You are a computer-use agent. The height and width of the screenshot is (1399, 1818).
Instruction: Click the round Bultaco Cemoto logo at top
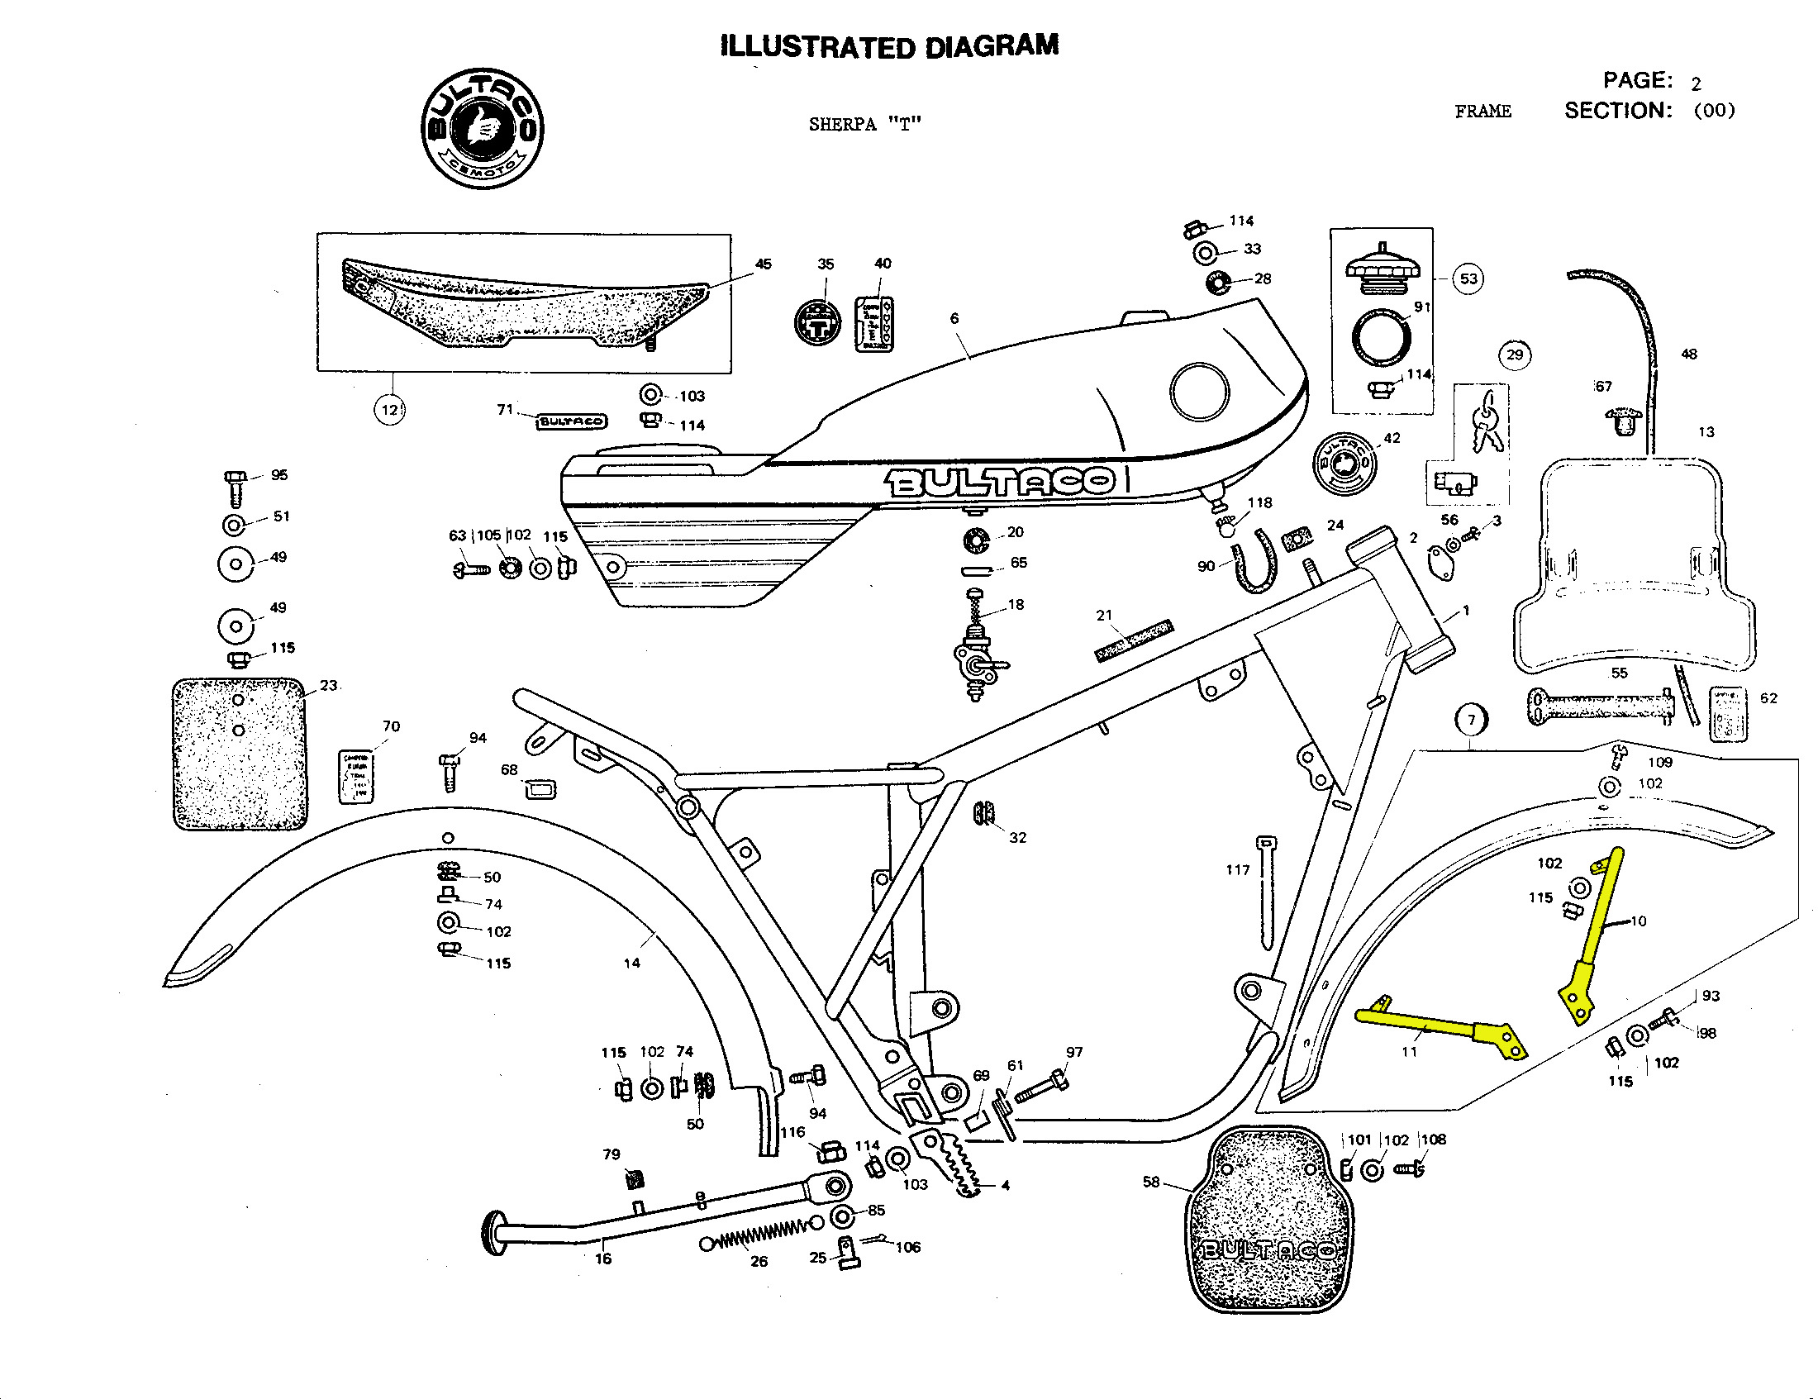(482, 129)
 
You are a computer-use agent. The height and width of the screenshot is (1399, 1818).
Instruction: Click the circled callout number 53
(1468, 278)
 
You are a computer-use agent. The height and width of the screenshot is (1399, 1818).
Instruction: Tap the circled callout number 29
(1514, 355)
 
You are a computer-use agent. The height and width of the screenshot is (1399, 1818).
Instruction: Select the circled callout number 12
(389, 410)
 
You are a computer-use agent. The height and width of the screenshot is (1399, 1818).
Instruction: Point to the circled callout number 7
(1471, 720)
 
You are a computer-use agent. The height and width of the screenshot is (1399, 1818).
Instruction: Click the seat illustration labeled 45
(525, 304)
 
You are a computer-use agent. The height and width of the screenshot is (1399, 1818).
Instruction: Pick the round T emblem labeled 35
(817, 323)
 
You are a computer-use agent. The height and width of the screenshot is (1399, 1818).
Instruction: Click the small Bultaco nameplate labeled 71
(571, 422)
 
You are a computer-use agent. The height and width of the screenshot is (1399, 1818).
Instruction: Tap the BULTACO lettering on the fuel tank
(999, 482)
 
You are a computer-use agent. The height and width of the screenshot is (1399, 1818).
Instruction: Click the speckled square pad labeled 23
(239, 754)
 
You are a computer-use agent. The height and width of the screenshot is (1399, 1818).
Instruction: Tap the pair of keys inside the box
(1487, 423)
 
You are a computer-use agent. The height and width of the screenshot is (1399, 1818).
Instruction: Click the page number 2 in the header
(1696, 84)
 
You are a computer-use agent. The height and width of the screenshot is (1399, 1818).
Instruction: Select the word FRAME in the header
(1482, 112)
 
